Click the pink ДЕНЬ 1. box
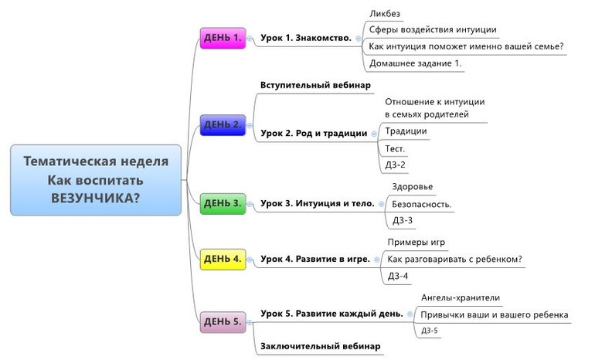[223, 37]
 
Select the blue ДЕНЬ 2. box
[223, 124]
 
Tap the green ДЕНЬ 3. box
[223, 204]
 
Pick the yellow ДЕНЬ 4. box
[223, 260]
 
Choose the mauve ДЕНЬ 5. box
[223, 321]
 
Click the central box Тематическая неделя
[96, 179]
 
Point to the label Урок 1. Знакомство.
[306, 37]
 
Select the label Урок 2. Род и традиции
[314, 133]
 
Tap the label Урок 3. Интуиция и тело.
[318, 204]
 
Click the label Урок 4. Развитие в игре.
[315, 260]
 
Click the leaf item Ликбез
[385, 13]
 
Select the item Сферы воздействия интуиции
[433, 30]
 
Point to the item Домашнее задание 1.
[416, 63]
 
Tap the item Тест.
[395, 148]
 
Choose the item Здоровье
[413, 188]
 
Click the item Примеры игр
[416, 243]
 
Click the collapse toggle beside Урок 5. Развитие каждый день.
[410, 314]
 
